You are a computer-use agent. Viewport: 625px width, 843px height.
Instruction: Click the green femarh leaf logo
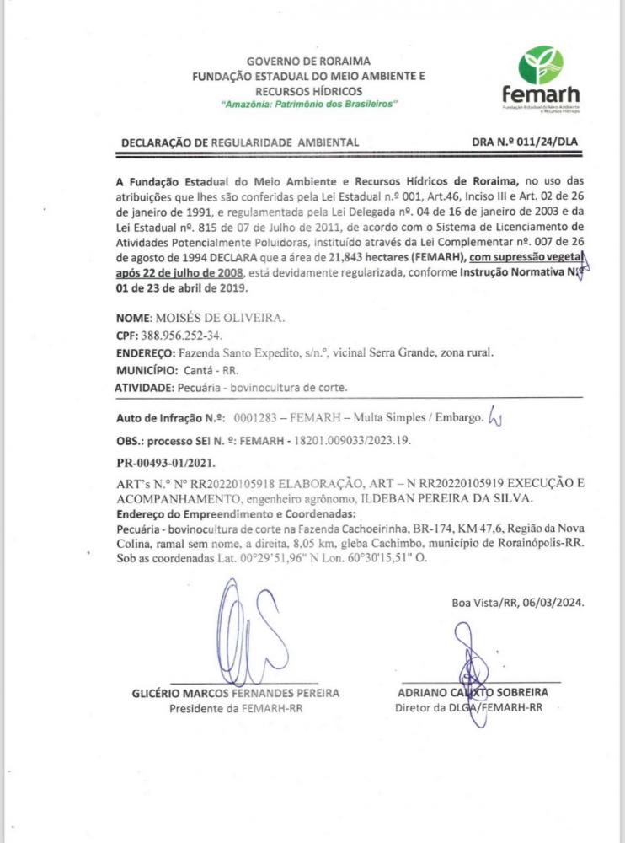tap(541, 65)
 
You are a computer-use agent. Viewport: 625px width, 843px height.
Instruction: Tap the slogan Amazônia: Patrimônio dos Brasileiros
tap(309, 103)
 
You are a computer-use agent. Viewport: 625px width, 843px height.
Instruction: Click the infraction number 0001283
tap(256, 418)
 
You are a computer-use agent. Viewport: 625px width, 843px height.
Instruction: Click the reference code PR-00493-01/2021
tap(164, 463)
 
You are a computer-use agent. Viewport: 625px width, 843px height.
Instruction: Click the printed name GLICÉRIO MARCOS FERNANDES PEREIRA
tap(236, 693)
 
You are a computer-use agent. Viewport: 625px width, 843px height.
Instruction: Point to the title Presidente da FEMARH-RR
tap(236, 708)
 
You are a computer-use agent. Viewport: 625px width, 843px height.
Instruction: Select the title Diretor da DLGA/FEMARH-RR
tap(467, 707)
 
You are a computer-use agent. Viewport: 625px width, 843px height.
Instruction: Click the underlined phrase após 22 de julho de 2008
tap(179, 273)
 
